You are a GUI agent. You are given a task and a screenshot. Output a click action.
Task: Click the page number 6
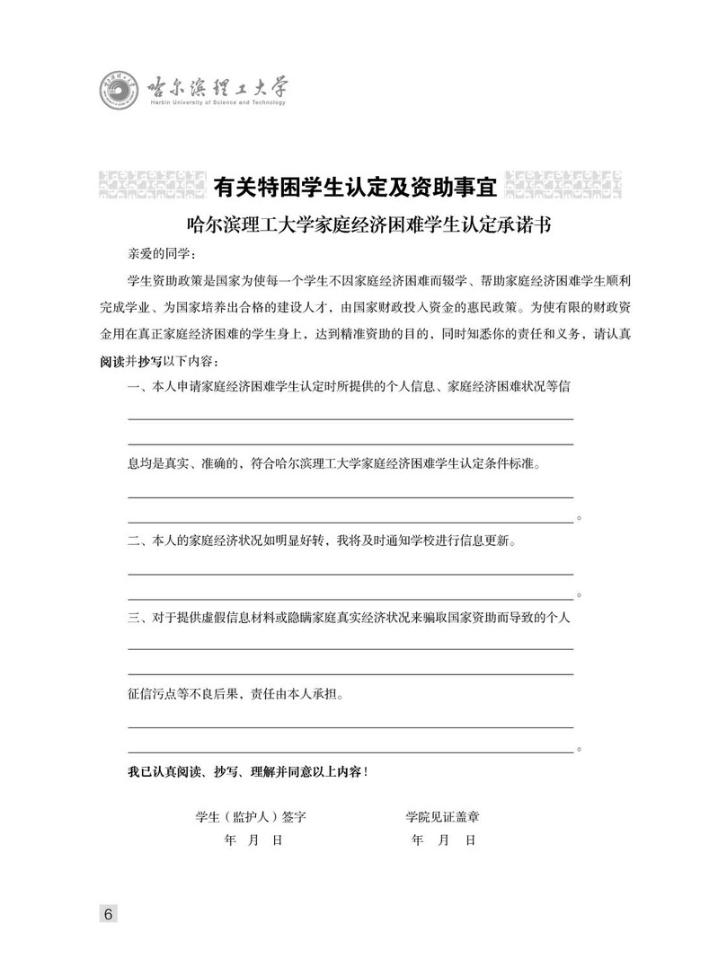108,914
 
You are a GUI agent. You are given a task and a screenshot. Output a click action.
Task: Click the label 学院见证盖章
441,816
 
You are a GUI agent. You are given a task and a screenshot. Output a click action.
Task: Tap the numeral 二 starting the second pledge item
134,541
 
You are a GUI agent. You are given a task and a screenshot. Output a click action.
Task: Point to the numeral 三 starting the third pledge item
134,618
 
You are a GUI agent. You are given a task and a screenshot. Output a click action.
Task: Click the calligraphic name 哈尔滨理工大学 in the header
217,87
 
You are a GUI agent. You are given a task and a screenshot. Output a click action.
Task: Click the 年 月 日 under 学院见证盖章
442,840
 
